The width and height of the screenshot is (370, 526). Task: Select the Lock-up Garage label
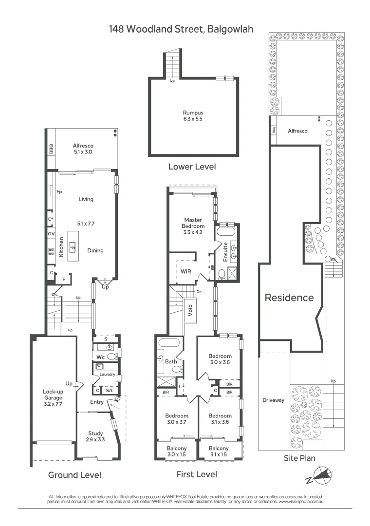[x=53, y=397]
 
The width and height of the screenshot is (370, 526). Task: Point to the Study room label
[x=95, y=436]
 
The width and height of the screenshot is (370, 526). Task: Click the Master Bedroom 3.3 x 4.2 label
[x=193, y=226]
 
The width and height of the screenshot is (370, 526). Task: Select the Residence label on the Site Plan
[x=289, y=298]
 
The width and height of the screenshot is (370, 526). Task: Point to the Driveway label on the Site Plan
[x=273, y=400]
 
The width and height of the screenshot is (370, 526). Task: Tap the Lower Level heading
[x=192, y=167]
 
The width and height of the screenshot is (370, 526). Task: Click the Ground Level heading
[x=74, y=475]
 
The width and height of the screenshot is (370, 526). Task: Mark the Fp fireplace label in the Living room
[x=59, y=192]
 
